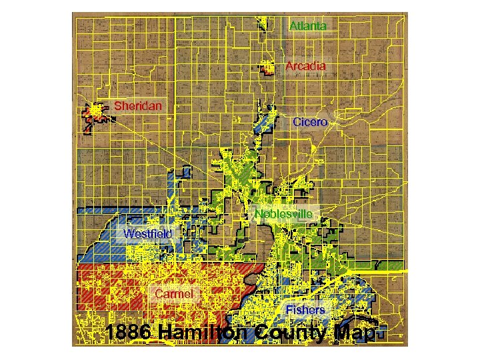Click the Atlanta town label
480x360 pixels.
tap(308, 27)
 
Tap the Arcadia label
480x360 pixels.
tap(306, 66)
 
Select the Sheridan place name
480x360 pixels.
tap(138, 105)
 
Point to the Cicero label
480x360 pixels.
tap(310, 122)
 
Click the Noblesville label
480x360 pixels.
tap(284, 213)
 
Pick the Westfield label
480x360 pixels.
tap(147, 233)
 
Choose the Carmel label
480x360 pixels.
tap(174, 293)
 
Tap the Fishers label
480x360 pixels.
tap(305, 310)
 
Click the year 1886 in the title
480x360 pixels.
tap(131, 333)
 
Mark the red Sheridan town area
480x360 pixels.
tap(97, 113)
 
